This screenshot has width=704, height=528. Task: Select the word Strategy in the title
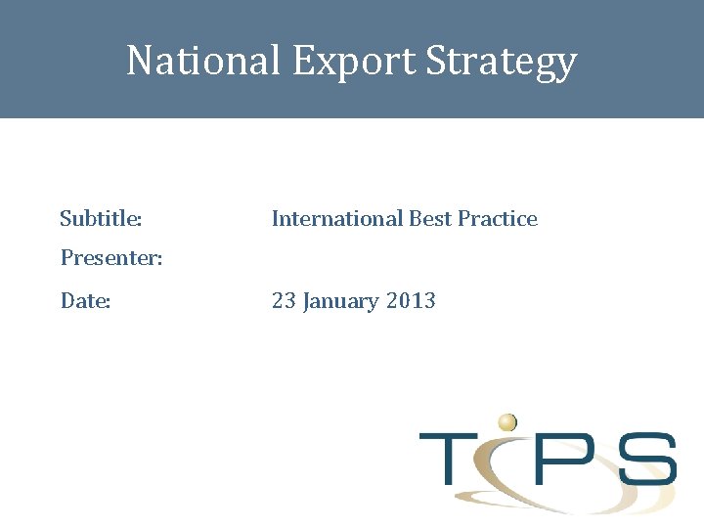tap(502, 61)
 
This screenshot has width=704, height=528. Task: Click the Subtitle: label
tap(101, 218)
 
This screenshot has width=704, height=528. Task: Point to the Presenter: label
tap(111, 258)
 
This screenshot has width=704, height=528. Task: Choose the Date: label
tap(86, 301)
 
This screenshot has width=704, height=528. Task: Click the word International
tap(336, 218)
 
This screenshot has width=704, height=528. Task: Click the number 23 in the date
tap(284, 301)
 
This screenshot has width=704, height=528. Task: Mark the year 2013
tap(411, 301)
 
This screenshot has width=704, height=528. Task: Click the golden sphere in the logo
tap(506, 422)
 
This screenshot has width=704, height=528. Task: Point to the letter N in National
tap(140, 61)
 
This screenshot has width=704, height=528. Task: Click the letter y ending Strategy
tap(565, 65)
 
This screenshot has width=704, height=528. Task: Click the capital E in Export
tap(302, 61)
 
